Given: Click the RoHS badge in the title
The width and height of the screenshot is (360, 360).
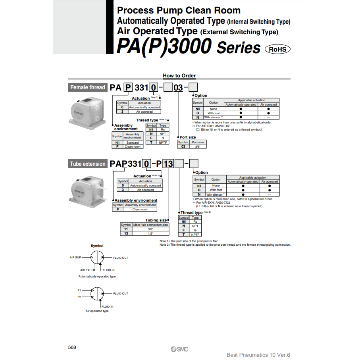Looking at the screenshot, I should (277, 49).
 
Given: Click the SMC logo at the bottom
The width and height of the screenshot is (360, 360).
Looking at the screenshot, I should (179, 349).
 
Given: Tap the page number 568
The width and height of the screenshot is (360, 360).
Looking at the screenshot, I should (72, 347).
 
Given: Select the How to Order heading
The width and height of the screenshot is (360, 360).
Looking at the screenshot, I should (179, 76).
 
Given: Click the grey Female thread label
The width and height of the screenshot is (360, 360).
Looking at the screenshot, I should (87, 87).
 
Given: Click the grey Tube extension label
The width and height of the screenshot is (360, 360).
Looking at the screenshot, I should (88, 164).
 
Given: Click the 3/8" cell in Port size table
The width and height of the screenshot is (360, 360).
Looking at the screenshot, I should (197, 146).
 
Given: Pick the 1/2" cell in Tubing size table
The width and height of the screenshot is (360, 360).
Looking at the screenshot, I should (150, 233).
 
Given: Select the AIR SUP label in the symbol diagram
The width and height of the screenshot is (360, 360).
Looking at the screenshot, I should (75, 258).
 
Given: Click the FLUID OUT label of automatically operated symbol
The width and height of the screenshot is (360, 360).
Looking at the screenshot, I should (121, 258).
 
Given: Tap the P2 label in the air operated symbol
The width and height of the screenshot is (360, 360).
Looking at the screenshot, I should (79, 297).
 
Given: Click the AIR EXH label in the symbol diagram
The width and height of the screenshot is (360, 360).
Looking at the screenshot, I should (86, 270).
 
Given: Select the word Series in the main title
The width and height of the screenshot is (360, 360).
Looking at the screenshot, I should (239, 48).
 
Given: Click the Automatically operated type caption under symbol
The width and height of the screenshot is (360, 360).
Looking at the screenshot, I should (97, 276).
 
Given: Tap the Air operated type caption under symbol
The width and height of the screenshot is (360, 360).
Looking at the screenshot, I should (97, 311).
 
